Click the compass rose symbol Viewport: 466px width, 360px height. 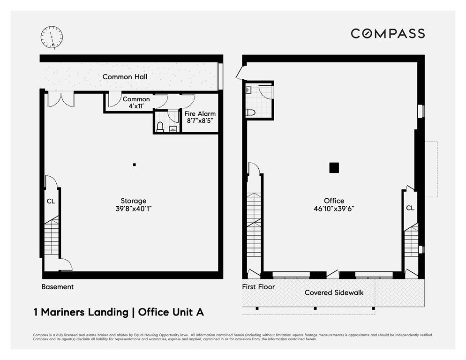point(52,37)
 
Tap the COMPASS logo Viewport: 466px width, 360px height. point(388,34)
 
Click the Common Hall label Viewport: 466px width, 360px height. point(125,77)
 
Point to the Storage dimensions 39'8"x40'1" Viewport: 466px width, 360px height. point(134,209)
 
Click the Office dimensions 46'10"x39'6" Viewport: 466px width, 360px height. point(334,209)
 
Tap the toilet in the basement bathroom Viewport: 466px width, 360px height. point(160,127)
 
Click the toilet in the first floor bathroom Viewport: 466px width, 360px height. point(250,112)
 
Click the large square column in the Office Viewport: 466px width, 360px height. point(334,168)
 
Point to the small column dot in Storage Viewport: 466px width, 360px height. point(135,165)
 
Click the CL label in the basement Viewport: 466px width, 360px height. point(51,201)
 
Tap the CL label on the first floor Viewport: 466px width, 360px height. point(410,208)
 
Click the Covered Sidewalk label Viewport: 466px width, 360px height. point(334,292)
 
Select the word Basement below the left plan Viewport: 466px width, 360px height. point(57,287)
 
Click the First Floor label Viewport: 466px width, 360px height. point(258,287)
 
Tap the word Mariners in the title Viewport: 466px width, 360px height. point(84,312)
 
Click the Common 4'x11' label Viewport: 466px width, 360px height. point(136,103)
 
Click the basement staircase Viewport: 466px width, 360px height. point(52,235)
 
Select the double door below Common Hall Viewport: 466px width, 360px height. point(61,99)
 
